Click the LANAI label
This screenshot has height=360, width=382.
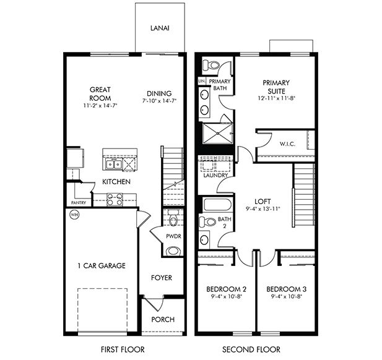click(159, 28)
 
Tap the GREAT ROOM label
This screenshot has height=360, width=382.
click(100, 94)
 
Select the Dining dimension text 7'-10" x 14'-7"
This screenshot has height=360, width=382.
click(159, 101)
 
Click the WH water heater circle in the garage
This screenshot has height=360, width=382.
click(74, 215)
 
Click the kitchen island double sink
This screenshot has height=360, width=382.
click(113, 164)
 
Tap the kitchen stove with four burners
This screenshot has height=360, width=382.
click(115, 199)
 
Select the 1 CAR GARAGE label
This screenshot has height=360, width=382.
click(102, 266)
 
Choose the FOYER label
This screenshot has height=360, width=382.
click(162, 278)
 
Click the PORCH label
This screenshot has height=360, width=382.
click(162, 320)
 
